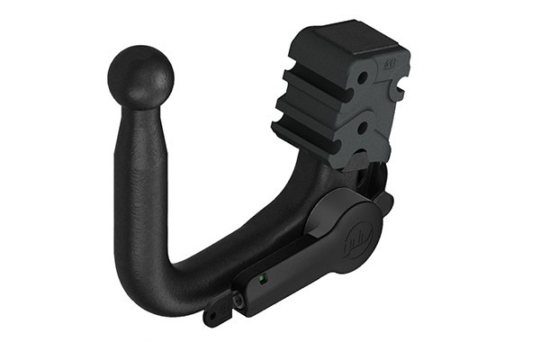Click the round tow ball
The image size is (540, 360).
tap(139, 77)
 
